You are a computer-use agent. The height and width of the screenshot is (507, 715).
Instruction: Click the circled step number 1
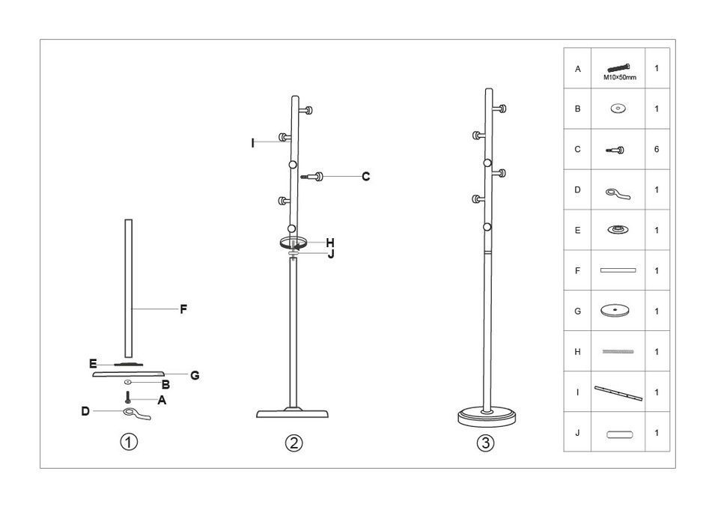[130, 442]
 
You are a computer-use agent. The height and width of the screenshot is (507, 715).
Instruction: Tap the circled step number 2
[294, 443]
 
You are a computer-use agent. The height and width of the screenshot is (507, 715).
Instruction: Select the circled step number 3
[486, 443]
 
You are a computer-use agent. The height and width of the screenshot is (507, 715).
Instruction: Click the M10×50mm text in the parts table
[618, 77]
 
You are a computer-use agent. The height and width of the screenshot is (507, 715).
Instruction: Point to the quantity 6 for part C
[657, 149]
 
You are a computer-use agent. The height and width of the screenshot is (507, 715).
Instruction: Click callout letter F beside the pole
[183, 309]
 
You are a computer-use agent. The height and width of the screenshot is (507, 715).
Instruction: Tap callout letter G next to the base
[195, 375]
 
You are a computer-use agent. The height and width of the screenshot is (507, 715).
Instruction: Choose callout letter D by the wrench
[86, 411]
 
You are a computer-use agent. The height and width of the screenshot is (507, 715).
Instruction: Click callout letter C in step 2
[365, 177]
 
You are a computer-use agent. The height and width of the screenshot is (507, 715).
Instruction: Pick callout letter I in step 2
[253, 143]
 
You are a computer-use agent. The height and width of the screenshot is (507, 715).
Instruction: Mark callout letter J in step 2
[330, 254]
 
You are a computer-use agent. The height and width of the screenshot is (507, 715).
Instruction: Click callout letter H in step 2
[330, 242]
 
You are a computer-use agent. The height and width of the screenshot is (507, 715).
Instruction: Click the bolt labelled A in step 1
[128, 398]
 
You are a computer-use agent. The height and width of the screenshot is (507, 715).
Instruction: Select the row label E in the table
[577, 230]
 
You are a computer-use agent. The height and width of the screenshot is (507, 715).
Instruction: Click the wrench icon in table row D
[618, 192]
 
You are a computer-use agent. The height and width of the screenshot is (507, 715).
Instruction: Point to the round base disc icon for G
[618, 310]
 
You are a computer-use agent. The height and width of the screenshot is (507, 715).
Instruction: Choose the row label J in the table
[577, 432]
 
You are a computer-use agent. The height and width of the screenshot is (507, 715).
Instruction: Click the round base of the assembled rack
[487, 416]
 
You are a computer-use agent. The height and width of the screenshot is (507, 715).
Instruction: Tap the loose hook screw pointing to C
[312, 177]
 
